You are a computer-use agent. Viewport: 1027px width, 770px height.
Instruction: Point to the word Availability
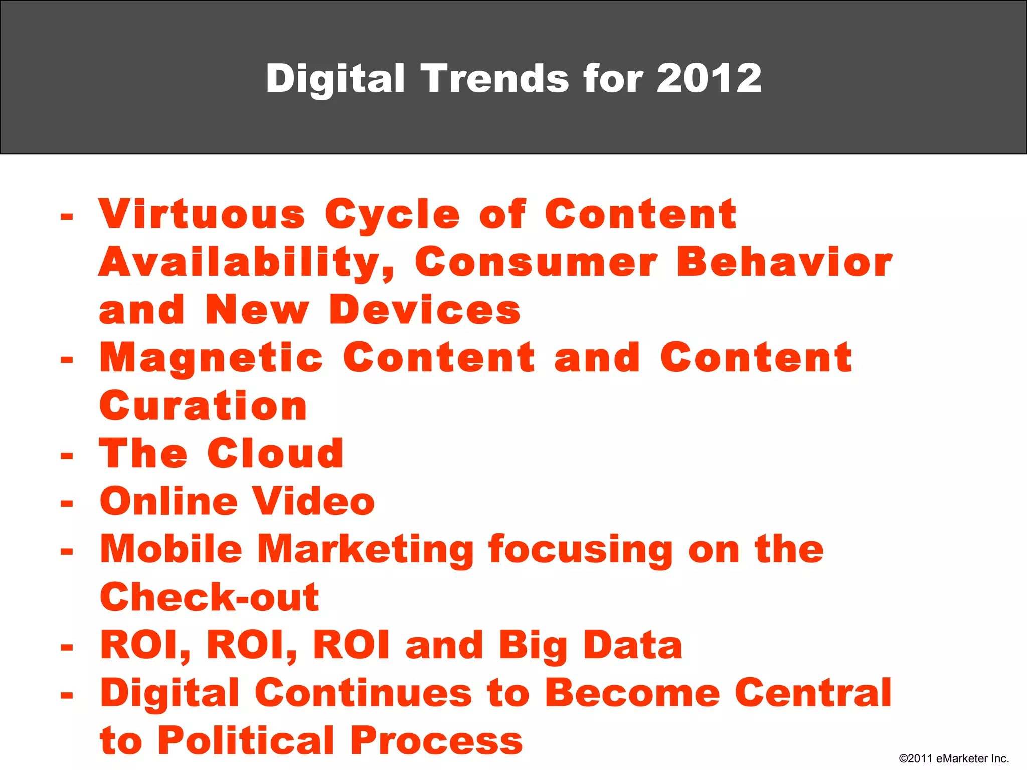pyautogui.click(x=246, y=263)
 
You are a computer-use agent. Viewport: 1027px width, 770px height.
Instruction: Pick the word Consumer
pyautogui.click(x=536, y=262)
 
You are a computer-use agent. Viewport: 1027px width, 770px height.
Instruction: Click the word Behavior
pyautogui.click(x=784, y=262)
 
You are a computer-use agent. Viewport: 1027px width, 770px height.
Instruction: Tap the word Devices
pyautogui.click(x=425, y=310)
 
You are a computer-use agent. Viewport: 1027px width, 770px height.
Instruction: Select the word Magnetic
pyautogui.click(x=211, y=359)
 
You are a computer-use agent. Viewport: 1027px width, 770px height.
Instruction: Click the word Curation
pyautogui.click(x=203, y=406)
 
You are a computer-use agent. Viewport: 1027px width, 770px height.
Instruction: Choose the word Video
pyautogui.click(x=313, y=501)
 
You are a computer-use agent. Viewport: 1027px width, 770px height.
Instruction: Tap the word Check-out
pyautogui.click(x=210, y=597)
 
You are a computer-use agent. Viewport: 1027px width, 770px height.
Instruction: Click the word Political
pyautogui.click(x=246, y=740)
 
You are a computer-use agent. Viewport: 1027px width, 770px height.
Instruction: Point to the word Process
pyautogui.click(x=436, y=740)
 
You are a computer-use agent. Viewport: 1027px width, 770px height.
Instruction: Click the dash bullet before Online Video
pyautogui.click(x=67, y=503)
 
